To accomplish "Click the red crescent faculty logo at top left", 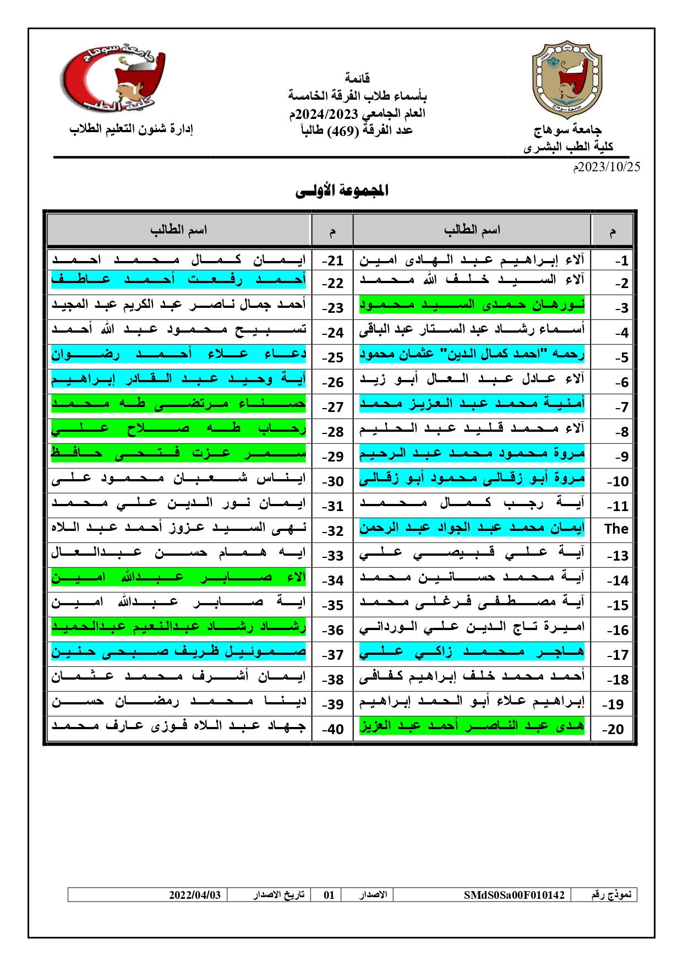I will [x=112, y=78].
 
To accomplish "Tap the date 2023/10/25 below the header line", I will [x=606, y=167].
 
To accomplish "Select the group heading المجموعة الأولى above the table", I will [x=342, y=191].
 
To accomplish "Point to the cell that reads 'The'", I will [x=616, y=529].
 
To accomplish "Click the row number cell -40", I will [x=332, y=729].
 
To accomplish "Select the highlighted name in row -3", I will [x=472, y=305].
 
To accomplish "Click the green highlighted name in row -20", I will [x=472, y=726].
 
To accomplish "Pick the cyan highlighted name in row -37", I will [x=178, y=652].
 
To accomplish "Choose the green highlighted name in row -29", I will [x=178, y=453].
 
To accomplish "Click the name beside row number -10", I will [x=472, y=478].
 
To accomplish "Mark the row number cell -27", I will [x=332, y=407].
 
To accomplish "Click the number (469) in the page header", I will [x=343, y=131].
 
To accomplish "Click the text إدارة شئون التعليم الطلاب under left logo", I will [x=131, y=129].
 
